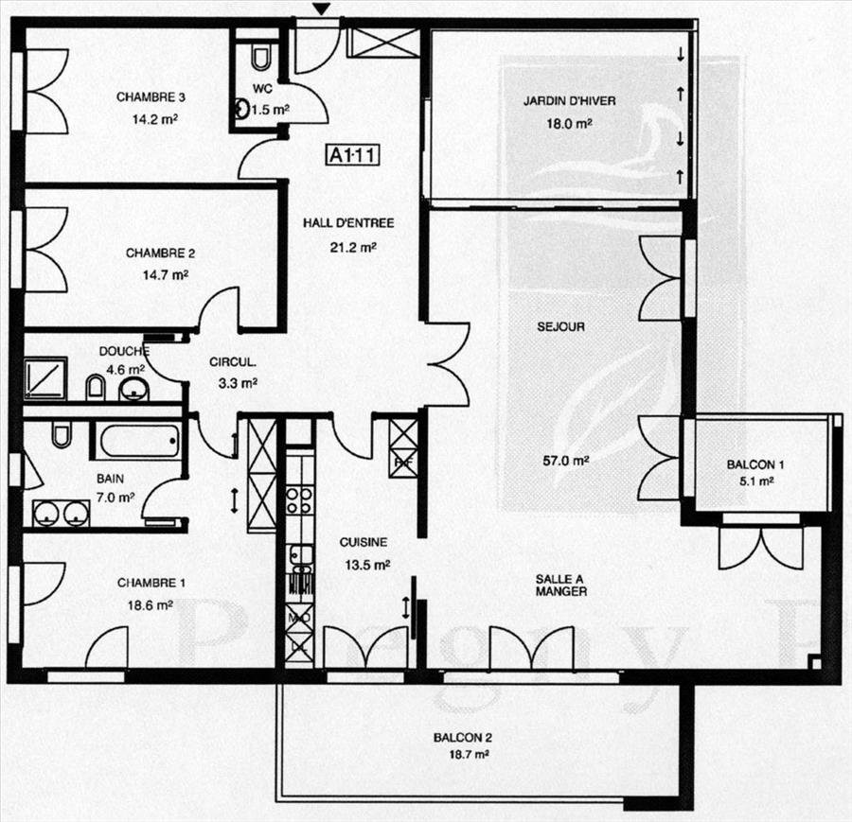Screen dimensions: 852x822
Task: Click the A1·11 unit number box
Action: tap(353, 155)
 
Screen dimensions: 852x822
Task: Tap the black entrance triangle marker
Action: tap(322, 9)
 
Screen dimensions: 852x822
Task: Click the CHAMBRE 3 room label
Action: tap(151, 97)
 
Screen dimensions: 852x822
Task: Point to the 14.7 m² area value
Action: tap(165, 275)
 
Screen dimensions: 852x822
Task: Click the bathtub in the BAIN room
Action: tap(140, 442)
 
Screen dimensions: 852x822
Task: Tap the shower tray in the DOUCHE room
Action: tap(45, 377)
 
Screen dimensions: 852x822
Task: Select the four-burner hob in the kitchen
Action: tap(299, 500)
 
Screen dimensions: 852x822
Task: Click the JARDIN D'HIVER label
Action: tap(570, 101)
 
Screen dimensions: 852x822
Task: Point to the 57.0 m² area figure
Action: tap(566, 461)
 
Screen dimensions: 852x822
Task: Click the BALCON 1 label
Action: tap(755, 464)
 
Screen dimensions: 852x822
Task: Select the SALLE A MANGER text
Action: tap(561, 586)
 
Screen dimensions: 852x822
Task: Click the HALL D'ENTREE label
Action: tap(348, 222)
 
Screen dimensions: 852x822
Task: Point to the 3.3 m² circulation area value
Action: tap(238, 383)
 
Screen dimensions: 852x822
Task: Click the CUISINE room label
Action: tap(364, 542)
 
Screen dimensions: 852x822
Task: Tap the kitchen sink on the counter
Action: tap(301, 555)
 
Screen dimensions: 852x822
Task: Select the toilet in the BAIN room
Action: tap(62, 434)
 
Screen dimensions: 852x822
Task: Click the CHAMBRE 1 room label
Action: tap(151, 583)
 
